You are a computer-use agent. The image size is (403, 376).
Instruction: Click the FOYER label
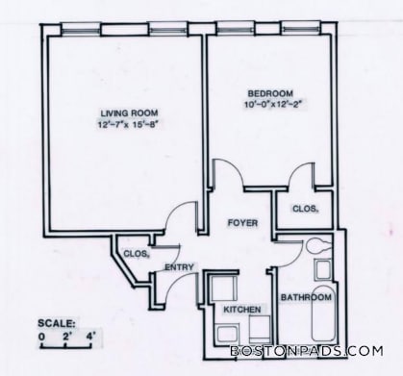click(241, 223)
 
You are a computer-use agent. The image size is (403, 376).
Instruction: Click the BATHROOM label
click(306, 298)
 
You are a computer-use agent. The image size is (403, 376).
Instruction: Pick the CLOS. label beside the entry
click(135, 254)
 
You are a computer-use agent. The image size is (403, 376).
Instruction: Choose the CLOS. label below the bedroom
click(304, 208)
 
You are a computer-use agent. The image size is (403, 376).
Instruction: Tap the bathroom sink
click(323, 269)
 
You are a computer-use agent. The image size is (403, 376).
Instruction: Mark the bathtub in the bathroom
click(323, 322)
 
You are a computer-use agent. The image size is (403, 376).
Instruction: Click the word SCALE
click(55, 322)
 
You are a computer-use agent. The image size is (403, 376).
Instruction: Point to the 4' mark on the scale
click(91, 338)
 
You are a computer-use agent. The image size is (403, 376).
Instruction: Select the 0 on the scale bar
click(41, 338)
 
